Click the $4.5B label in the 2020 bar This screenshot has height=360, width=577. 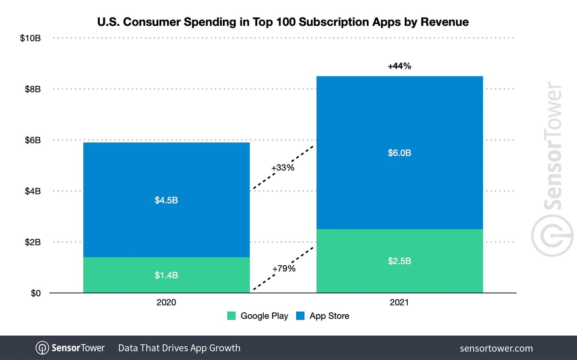[166, 200]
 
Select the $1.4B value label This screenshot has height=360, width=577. [166, 275]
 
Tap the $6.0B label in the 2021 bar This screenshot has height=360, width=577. [399, 153]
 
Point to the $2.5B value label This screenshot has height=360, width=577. [399, 261]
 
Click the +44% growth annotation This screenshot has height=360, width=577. [399, 66]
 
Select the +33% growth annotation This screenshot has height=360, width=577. [283, 168]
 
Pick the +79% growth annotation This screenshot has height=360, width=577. [284, 269]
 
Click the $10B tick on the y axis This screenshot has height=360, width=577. [30, 38]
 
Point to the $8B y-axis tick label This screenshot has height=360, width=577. [33, 89]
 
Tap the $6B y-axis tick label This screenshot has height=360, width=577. [33, 140]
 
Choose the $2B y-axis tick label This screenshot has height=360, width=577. [33, 242]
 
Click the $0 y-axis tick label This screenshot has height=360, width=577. [36, 293]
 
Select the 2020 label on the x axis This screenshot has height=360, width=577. [166, 302]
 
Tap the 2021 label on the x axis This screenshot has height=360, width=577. [399, 302]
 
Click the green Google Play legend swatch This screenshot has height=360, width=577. [231, 316]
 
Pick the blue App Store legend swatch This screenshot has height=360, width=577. [300, 316]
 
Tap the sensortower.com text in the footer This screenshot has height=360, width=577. [496, 348]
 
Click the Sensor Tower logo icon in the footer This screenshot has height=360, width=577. [42, 348]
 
